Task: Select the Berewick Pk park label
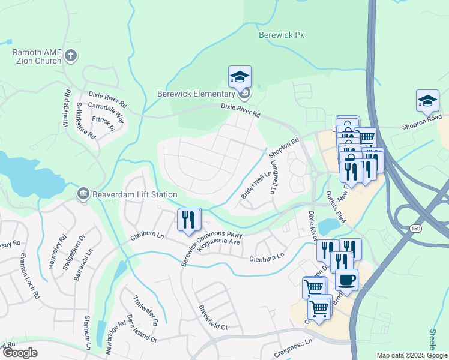click(x=281, y=35)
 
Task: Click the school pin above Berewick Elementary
click(x=240, y=77)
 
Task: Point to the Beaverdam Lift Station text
click(x=134, y=194)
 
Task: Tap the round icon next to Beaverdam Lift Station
click(x=83, y=194)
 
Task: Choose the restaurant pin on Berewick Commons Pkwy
click(x=189, y=220)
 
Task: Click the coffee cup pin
click(x=346, y=279)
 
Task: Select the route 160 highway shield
click(x=415, y=229)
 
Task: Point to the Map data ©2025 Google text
click(x=412, y=355)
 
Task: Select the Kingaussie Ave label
click(x=218, y=242)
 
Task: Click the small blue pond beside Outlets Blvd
click(x=328, y=227)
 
